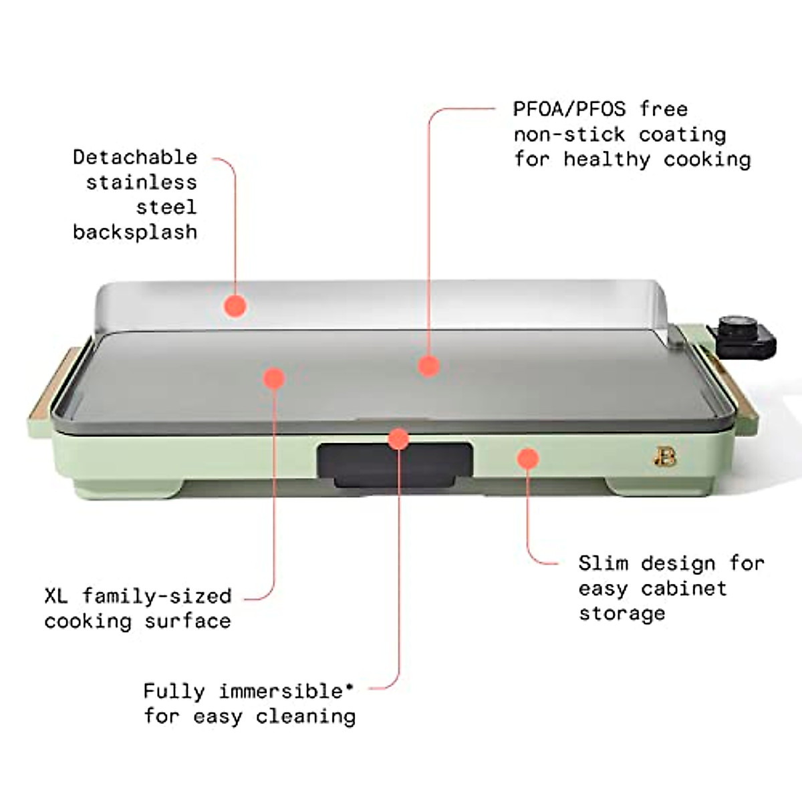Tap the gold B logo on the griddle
tap(664, 458)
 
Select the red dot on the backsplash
tap(235, 305)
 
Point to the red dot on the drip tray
tap(398, 439)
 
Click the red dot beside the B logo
tap(528, 458)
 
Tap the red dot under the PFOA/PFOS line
tap(428, 366)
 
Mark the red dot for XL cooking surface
tap(274, 378)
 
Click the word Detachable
tap(135, 158)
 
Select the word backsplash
tap(135, 233)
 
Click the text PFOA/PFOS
tap(569, 109)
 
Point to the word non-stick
tap(569, 134)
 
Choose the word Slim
tap(604, 563)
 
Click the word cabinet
tap(684, 589)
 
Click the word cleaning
tap(305, 716)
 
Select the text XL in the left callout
tap(56, 595)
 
